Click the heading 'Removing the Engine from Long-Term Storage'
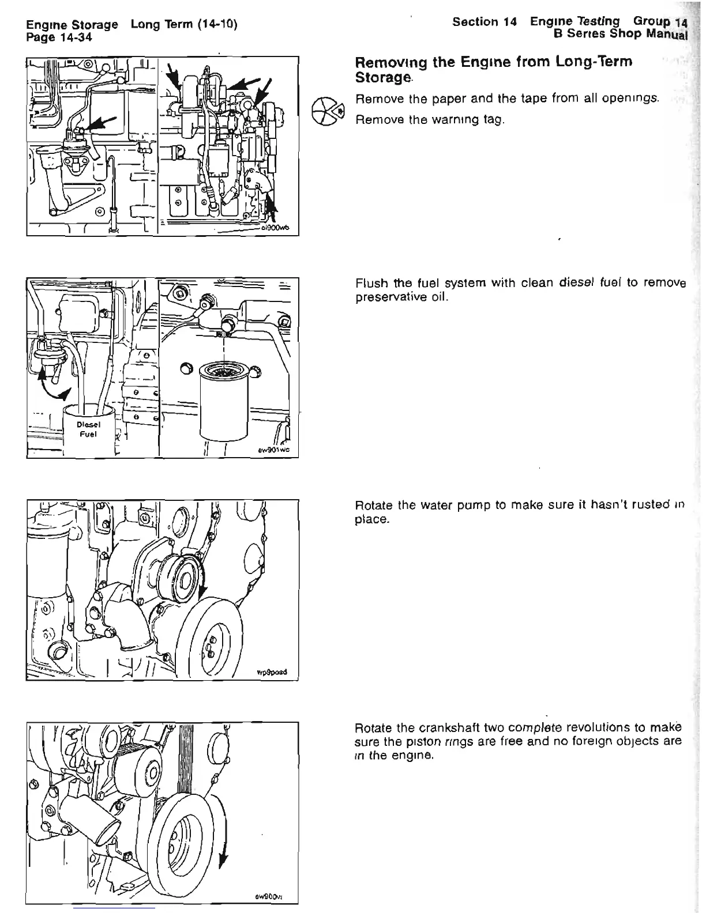click(494, 69)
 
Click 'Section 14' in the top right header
click(484, 22)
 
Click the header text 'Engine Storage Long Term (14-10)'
click(132, 25)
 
